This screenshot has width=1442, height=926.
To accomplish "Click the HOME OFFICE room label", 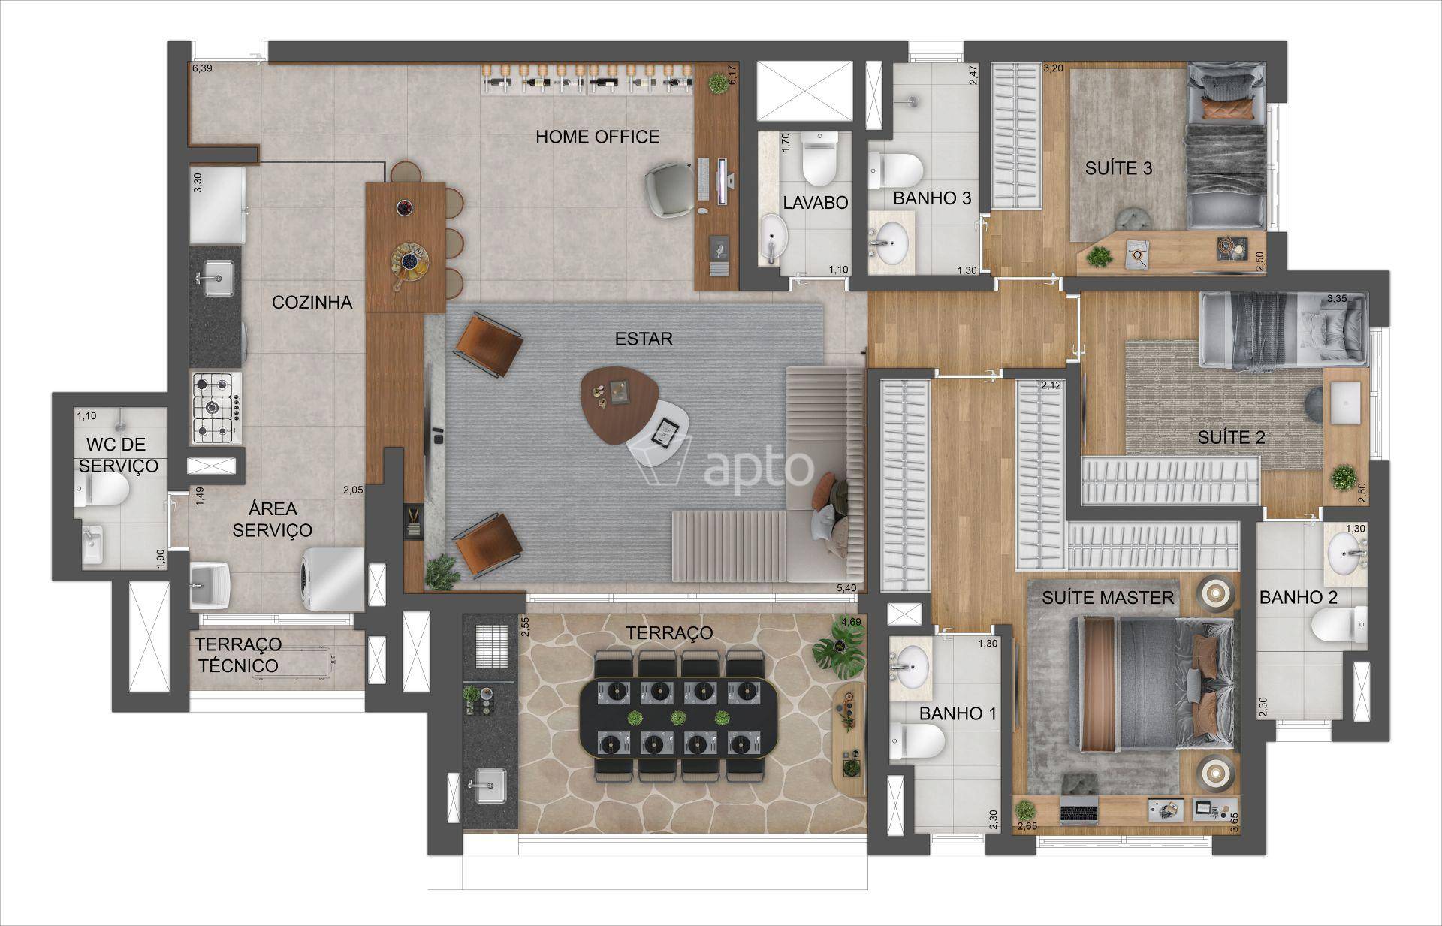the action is click(x=597, y=137).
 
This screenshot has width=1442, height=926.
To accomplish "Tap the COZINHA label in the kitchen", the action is click(x=312, y=302).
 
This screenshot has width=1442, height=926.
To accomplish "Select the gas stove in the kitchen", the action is click(x=216, y=409).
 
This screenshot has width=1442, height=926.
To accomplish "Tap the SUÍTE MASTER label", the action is click(x=1107, y=598).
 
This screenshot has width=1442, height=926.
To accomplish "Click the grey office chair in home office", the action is click(x=670, y=191).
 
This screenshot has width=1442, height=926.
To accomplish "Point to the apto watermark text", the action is click(x=759, y=466).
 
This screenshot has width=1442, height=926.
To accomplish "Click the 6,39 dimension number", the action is click(x=203, y=68).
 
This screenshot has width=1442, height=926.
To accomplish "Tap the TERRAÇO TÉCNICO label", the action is click(x=237, y=655).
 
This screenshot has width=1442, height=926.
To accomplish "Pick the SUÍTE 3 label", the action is click(x=1118, y=168).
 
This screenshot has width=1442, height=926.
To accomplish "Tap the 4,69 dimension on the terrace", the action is click(x=851, y=621).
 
